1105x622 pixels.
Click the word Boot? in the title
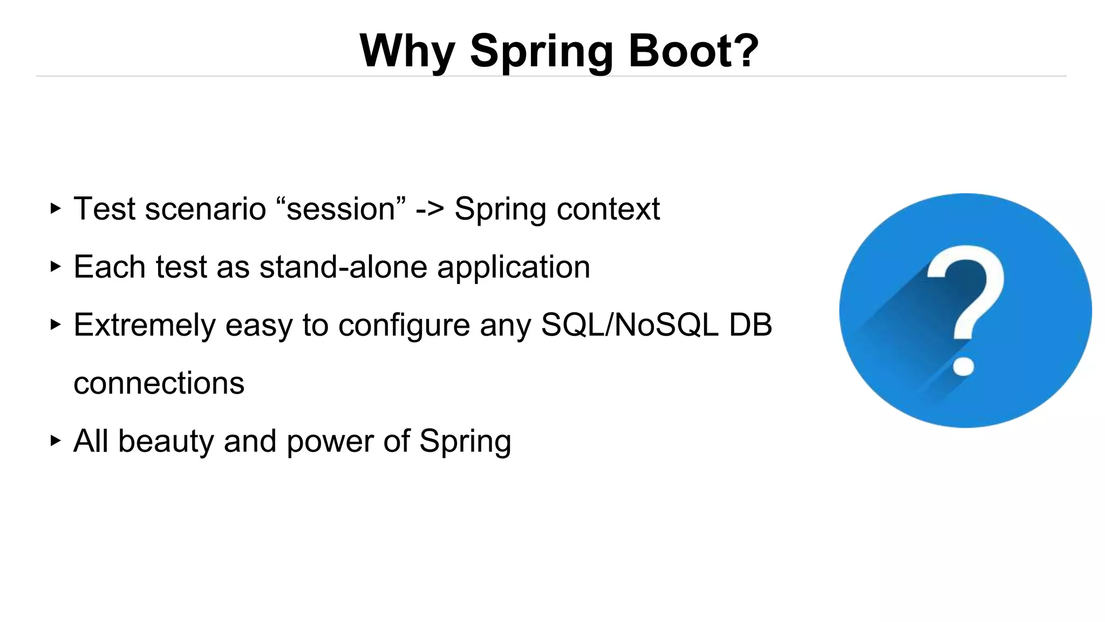(693, 51)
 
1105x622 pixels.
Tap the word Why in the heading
(407, 51)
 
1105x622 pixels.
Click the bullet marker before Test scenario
(55, 208)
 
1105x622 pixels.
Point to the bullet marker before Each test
(55, 266)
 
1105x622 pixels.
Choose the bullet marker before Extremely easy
(55, 324)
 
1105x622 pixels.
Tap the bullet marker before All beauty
(55, 441)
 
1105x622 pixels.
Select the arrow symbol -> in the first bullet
(429, 209)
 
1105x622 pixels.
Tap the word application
(513, 268)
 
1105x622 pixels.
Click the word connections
(159, 383)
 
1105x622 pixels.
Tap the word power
(330, 442)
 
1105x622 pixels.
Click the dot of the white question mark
(963, 366)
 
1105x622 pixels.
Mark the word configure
(404, 326)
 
